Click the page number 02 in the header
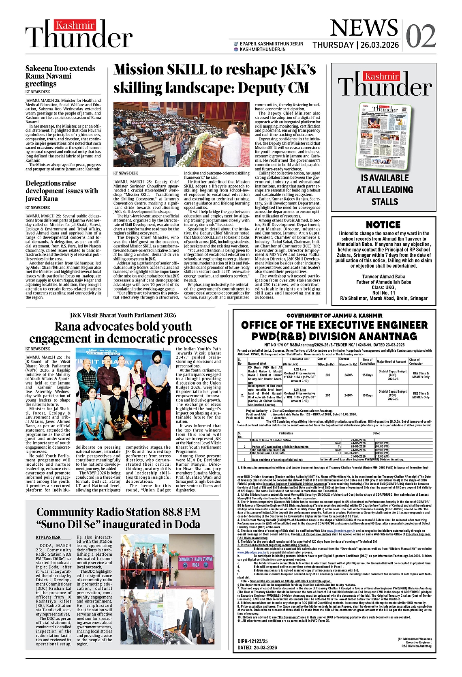coord(420,36)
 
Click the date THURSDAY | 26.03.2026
coord(355,45)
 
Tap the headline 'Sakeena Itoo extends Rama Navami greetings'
coord(60,76)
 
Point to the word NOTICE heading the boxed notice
coord(383,225)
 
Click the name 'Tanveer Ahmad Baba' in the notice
coord(383,277)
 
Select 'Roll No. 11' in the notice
coord(383,292)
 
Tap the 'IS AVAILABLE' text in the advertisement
coord(385,178)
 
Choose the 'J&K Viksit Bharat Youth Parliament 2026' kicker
coord(123,315)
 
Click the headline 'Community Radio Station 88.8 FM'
coord(118,512)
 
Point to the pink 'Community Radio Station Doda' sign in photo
coord(195,562)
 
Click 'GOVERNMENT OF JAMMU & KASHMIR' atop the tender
coord(334,315)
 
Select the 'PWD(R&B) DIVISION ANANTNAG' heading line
coord(334,336)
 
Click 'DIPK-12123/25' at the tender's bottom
coord(253,641)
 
